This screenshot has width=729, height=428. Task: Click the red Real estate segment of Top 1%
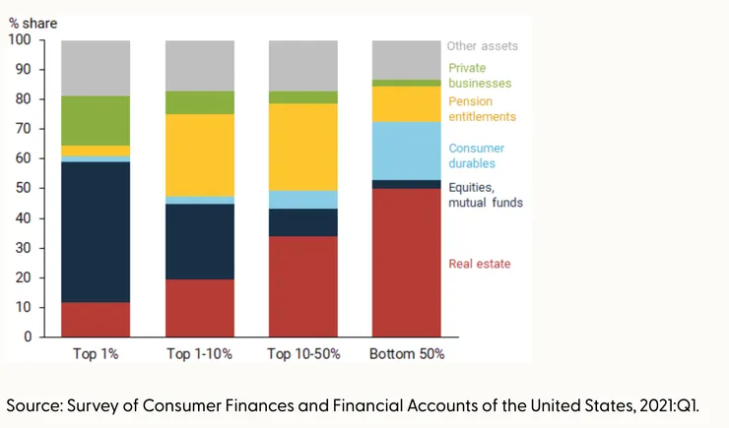[96, 319]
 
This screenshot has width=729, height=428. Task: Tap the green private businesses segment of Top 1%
[96, 120]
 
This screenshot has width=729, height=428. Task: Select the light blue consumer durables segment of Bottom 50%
[405, 151]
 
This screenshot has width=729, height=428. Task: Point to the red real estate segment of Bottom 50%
[405, 262]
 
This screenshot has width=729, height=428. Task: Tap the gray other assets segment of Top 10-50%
[302, 65]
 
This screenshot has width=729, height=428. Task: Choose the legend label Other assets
[482, 46]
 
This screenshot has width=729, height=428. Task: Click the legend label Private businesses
[480, 76]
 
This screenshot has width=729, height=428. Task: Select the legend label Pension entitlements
[482, 109]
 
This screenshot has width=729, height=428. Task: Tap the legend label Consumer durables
[477, 155]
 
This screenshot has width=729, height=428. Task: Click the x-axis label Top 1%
[96, 353]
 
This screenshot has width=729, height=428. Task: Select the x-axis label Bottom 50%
[405, 353]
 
